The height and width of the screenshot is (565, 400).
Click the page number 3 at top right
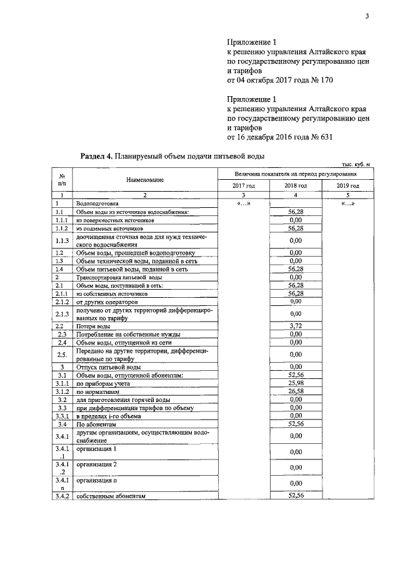click(x=367, y=17)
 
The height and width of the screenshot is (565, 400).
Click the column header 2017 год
click(x=243, y=185)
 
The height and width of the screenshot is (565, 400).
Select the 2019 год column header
click(x=348, y=185)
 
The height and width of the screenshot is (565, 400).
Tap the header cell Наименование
click(x=144, y=180)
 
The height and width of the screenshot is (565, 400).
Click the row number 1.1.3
click(x=61, y=240)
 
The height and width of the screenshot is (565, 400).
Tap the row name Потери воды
click(x=94, y=326)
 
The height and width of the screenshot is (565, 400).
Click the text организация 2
click(x=97, y=465)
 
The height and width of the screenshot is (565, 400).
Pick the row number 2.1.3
click(x=61, y=313)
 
